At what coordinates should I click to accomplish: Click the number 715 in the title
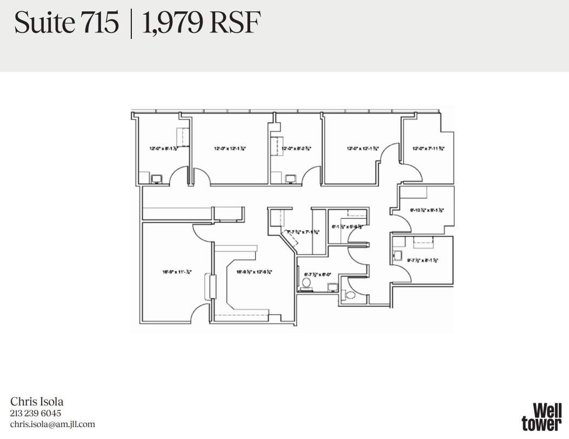point(101,23)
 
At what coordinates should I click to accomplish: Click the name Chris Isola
point(37,401)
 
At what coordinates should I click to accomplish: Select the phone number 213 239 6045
point(36,414)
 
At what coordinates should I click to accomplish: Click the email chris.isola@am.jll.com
point(52,424)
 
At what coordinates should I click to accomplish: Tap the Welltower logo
point(541,417)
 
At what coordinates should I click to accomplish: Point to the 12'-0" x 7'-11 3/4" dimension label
point(429,148)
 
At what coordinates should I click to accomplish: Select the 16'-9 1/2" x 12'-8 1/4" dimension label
point(253,272)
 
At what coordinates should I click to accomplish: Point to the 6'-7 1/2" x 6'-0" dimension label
point(316,274)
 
